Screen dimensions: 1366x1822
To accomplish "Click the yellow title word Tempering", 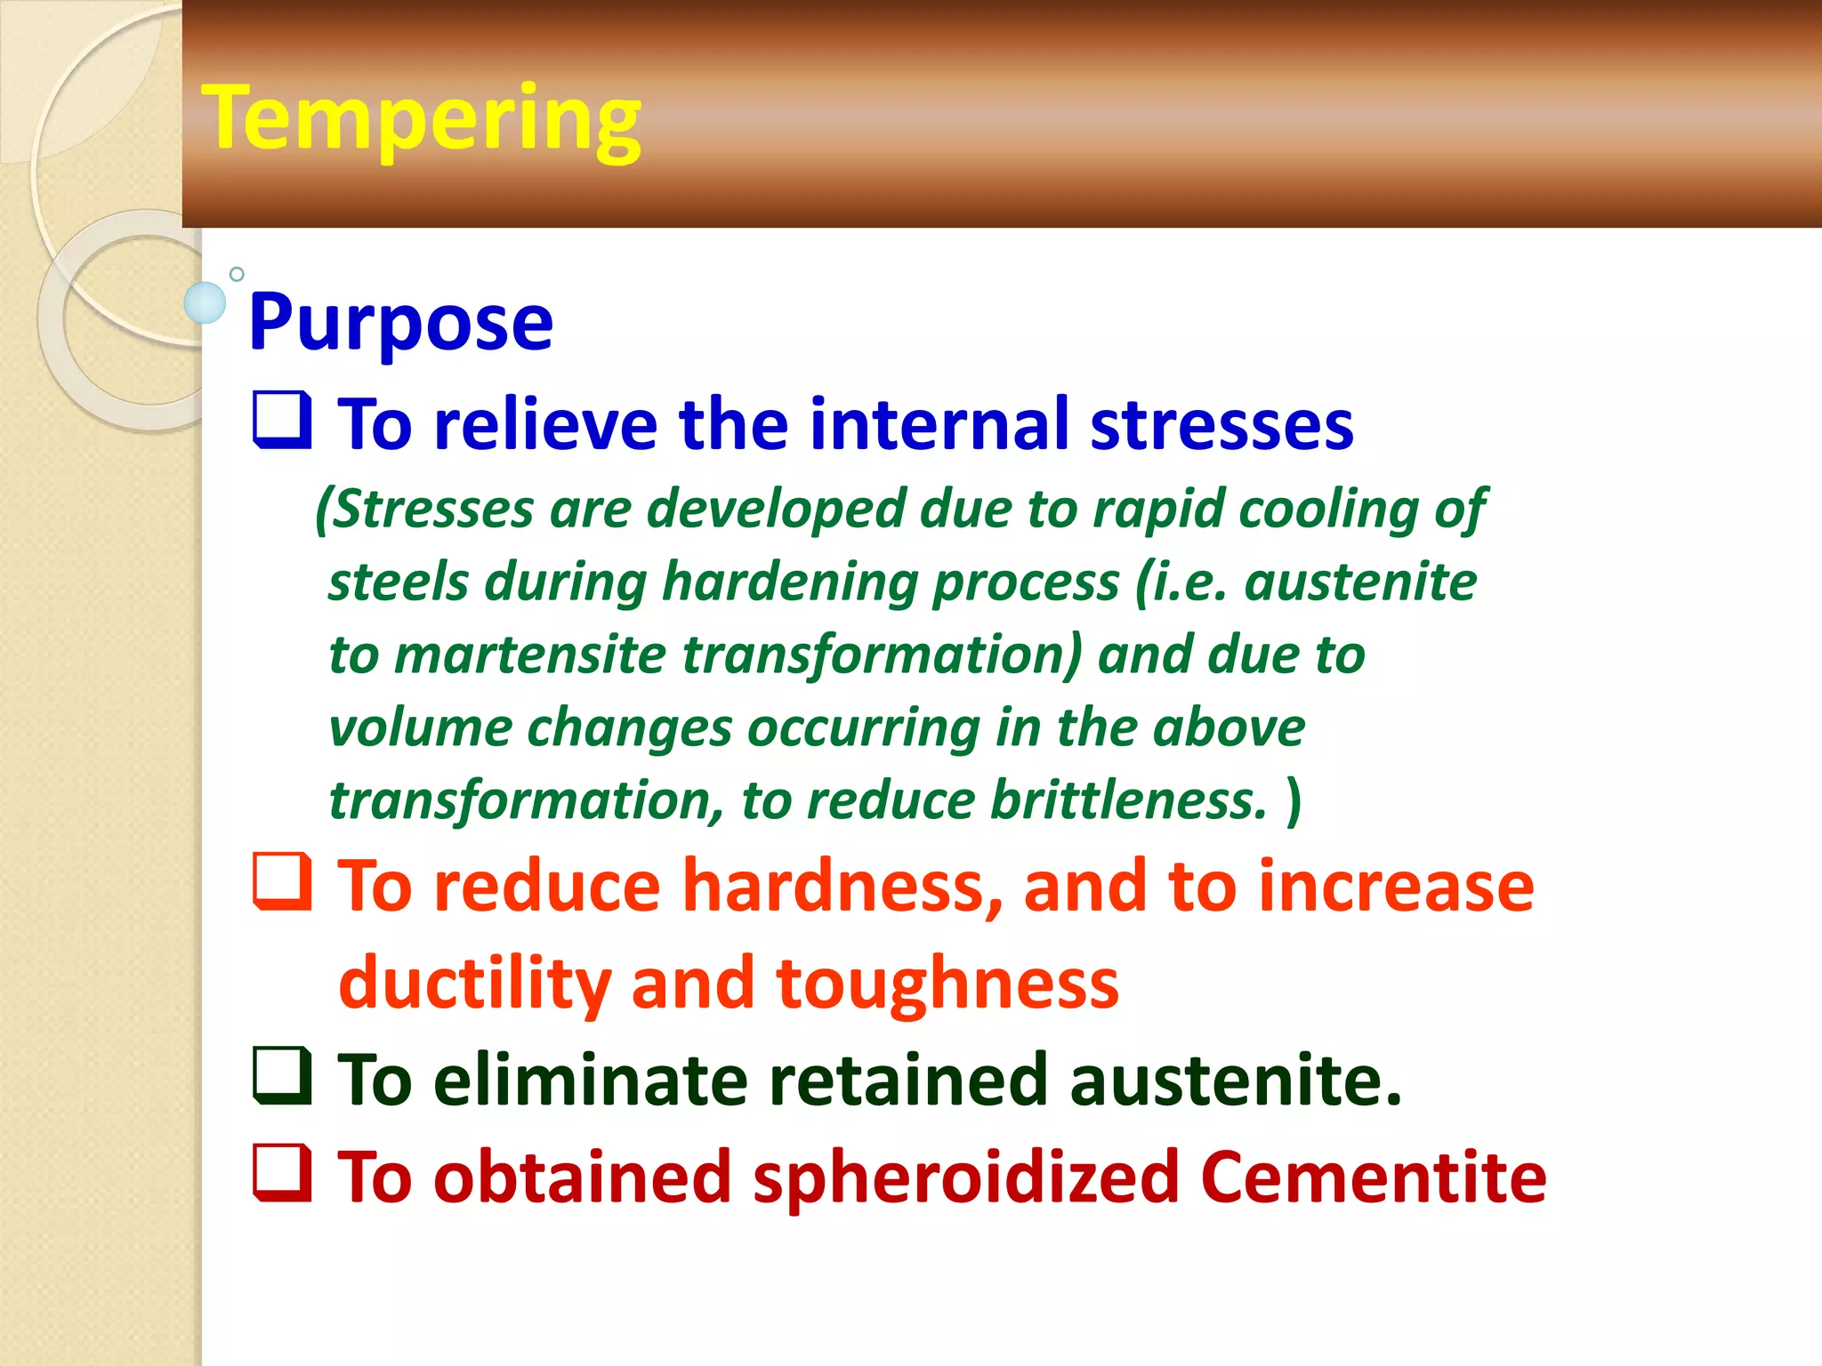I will [x=421, y=119].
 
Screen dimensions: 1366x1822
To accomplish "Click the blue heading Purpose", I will [x=400, y=322].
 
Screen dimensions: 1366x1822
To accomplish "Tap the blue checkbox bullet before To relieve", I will [x=282, y=420].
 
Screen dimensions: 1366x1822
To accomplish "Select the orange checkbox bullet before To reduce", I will [x=282, y=881].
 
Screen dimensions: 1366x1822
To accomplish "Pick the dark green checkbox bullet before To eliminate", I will [x=282, y=1075].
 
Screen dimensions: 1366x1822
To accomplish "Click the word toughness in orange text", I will [x=947, y=984].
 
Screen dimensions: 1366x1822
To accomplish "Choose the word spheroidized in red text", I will [x=965, y=1178].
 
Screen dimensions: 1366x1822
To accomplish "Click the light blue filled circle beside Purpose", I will [x=205, y=303].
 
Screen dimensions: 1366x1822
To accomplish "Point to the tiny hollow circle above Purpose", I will [x=237, y=274].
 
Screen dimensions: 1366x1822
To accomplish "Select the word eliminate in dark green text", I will [x=591, y=1081].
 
